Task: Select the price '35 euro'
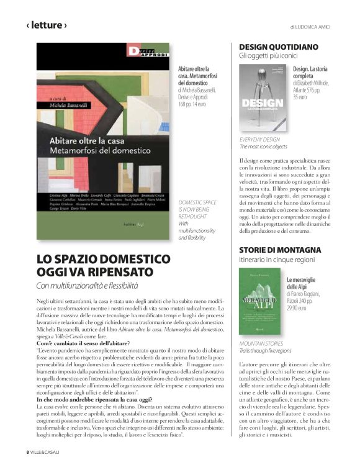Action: [300, 97]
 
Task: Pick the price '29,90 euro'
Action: [298, 307]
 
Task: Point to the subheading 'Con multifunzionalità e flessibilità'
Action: [87, 286]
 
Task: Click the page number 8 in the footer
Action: [27, 451]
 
